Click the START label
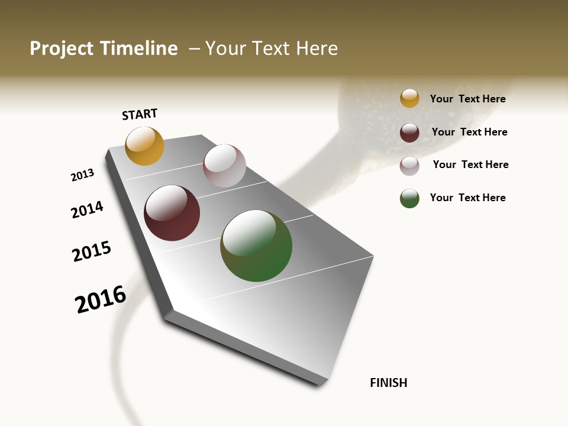click(140, 114)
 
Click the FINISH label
click(389, 383)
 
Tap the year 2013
click(83, 175)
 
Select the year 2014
click(87, 210)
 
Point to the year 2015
click(92, 251)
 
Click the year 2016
click(101, 299)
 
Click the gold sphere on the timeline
click(144, 146)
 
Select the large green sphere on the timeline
click(256, 246)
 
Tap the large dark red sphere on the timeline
click(172, 213)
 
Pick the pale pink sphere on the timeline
click(224, 166)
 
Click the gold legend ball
click(409, 98)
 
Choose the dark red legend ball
click(409, 133)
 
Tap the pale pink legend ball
click(409, 166)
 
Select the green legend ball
click(409, 198)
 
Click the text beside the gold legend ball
click(467, 99)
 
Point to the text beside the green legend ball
click(467, 198)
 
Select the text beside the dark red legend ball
click(469, 132)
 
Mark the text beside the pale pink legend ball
click(470, 164)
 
